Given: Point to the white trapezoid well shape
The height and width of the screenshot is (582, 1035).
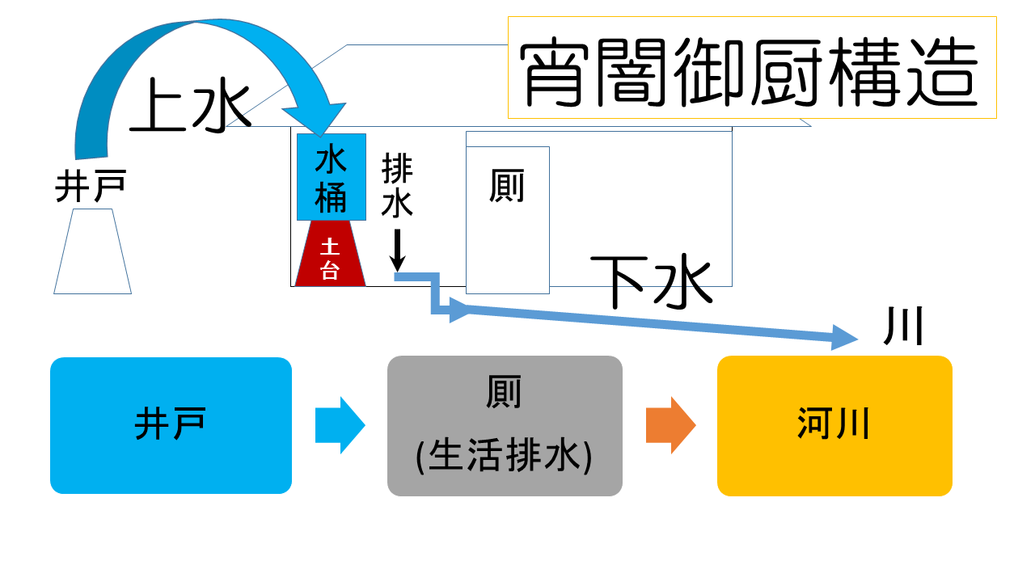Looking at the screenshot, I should (92, 251).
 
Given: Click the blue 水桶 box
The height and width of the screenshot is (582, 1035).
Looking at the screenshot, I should (331, 177).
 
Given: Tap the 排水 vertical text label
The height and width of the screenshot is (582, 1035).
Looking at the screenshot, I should (397, 186).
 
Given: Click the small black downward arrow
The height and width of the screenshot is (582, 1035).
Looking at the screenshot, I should (397, 251).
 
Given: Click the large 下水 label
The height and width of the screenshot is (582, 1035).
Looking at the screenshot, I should (651, 281).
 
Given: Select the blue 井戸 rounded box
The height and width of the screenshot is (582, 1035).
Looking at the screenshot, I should (171, 425).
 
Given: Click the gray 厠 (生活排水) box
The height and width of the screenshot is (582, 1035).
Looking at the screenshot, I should (505, 426).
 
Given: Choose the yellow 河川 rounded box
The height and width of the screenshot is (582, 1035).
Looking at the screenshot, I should (834, 426).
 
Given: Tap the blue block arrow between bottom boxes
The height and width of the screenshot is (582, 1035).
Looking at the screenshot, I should (340, 425).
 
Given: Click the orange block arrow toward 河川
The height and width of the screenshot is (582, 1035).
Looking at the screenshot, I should (670, 425).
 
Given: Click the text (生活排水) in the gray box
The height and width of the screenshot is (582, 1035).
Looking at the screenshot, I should (505, 456).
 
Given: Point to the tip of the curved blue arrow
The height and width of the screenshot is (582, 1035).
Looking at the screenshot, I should (321, 134).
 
